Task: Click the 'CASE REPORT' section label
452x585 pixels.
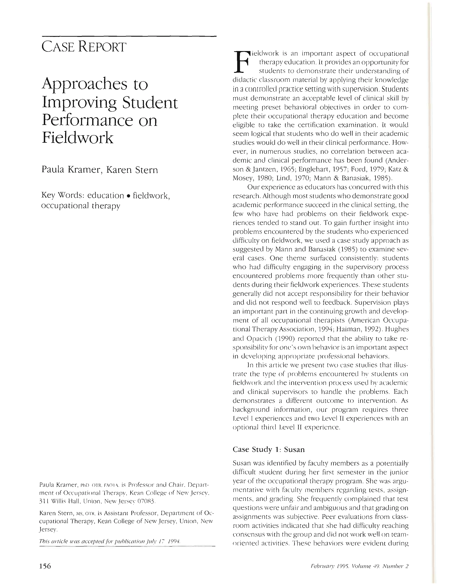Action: [x=83, y=47]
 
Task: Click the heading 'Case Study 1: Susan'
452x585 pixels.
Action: [x=269, y=449]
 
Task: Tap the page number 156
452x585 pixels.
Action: [x=45, y=566]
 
